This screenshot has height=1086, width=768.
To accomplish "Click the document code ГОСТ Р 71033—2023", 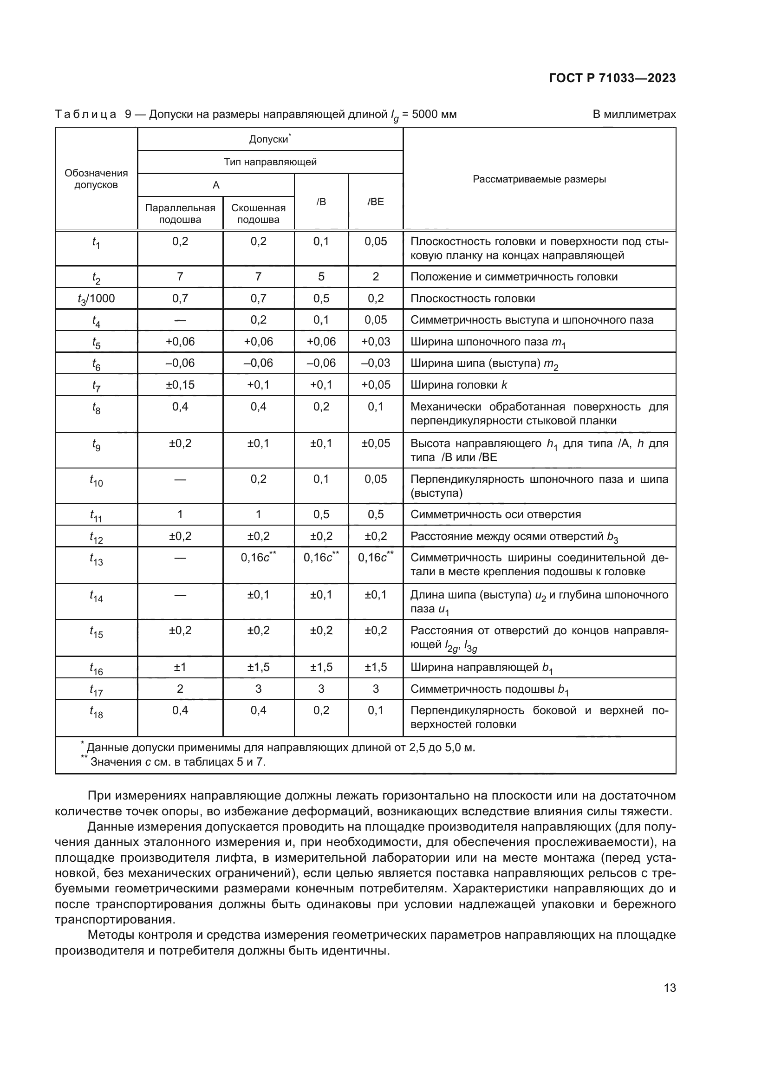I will coord(612,78).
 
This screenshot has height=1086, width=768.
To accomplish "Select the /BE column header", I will coord(376,202).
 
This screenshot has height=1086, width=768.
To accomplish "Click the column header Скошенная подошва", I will coord(258,213).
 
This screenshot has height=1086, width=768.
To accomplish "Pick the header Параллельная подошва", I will coord(180,213).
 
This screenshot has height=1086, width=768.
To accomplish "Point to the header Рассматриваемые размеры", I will coord(539,179).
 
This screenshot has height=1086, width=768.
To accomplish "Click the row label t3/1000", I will coord(96,299).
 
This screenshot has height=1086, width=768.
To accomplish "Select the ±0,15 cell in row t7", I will coord(180,384).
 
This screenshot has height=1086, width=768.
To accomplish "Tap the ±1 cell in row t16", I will coord(180,667).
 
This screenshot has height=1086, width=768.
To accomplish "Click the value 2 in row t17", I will coord(180,689).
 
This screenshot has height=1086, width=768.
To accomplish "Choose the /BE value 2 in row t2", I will coord(376,277).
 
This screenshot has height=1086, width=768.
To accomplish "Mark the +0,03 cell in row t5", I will coord(376,342).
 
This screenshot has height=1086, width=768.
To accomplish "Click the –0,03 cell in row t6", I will coord(376,363).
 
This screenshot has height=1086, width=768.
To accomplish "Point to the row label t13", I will coord(96,559).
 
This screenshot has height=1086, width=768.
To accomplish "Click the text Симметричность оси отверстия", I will coord(495,514).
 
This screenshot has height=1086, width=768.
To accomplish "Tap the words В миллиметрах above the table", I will coord(634,114).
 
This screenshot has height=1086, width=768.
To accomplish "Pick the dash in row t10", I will coord(180,480).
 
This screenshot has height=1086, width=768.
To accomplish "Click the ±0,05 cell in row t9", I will coord(376,443).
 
